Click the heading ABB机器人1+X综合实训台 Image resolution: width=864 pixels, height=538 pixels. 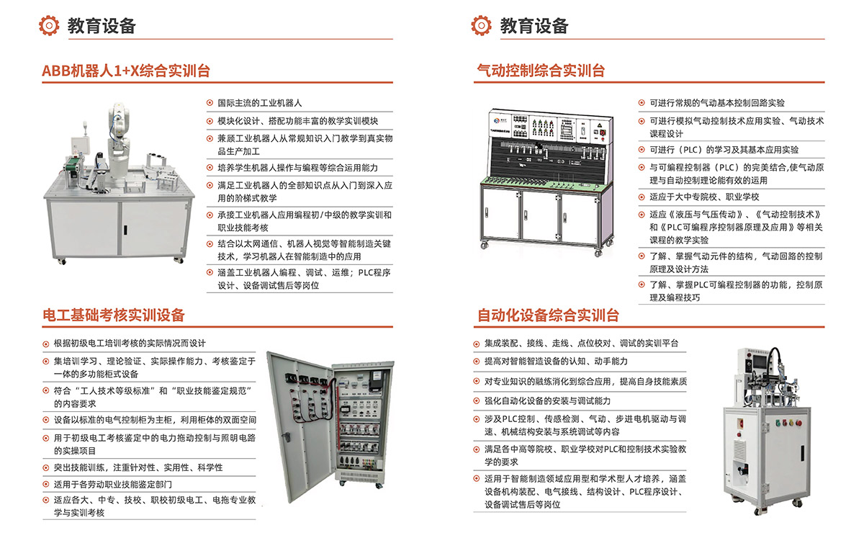pos(126,71)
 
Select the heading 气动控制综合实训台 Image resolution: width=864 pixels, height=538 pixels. pos(541,71)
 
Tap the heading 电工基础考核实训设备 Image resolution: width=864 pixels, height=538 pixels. pos(114,315)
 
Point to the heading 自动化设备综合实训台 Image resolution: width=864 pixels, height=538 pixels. pos(548,315)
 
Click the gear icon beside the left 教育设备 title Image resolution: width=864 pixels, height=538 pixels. pos(49,25)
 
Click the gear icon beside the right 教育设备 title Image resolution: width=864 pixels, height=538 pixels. pos(481,25)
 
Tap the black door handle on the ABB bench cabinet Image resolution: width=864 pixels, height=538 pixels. pos(125,230)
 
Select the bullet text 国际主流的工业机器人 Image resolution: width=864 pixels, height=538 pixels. pos(260,103)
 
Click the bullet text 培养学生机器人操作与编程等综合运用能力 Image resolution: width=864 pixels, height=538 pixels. pos(298,168)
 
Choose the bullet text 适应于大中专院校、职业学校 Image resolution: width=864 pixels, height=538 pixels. pos(704,197)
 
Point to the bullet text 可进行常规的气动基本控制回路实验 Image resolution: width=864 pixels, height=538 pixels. pos(717,103)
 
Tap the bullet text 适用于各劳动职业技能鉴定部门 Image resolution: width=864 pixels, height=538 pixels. pos(112,485)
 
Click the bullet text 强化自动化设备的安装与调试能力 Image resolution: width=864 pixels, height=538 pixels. pos(547,401)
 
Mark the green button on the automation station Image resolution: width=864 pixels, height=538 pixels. pos(777,423)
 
